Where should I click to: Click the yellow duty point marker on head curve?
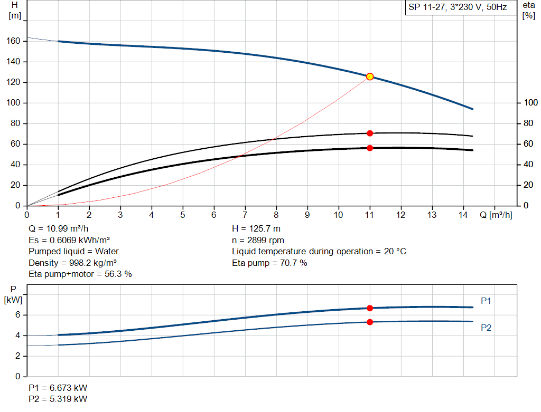(x=370, y=76)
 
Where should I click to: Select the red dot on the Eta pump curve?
(x=370, y=133)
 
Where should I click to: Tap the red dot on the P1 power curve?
(x=370, y=308)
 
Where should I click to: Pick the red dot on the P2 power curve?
(x=370, y=322)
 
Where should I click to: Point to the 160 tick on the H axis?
(x=14, y=41)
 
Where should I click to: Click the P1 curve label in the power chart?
(x=486, y=301)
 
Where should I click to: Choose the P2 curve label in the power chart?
(x=486, y=328)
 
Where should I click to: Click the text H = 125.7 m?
(x=256, y=229)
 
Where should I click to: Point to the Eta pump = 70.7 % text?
(x=269, y=263)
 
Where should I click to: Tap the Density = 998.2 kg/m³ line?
(x=73, y=263)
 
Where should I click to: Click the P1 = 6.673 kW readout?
(x=58, y=388)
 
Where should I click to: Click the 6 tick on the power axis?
(x=17, y=315)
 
